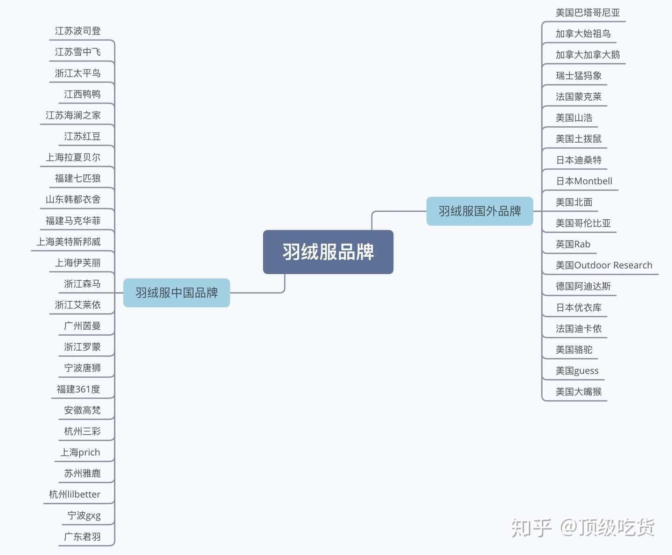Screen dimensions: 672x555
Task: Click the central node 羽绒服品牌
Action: coord(328,252)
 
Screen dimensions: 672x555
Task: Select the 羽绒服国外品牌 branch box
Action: coord(480,211)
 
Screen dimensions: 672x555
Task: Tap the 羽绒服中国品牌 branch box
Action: coord(176,293)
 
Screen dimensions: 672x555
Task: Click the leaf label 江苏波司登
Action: coord(77,31)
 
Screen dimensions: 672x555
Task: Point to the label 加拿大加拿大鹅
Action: coord(588,55)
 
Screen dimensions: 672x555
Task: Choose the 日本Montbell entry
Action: coord(584,181)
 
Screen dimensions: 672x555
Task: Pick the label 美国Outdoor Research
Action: coord(604,265)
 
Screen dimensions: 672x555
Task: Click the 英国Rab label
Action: coord(573,244)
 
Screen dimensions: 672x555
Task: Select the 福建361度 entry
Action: coord(78,389)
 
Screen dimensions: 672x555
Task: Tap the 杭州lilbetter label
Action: coord(75,494)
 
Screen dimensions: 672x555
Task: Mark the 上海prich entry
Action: coord(80,452)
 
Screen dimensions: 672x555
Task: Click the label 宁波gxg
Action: coord(84,515)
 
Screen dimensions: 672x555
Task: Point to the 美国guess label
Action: coord(577,371)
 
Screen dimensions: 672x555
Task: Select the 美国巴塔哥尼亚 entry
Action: coord(588,13)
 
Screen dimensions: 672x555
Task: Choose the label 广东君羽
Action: coord(82,537)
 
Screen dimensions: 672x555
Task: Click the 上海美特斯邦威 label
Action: coord(69,242)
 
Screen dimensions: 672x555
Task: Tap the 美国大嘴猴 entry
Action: coord(578,392)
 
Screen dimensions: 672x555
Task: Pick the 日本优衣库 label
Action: coord(578,307)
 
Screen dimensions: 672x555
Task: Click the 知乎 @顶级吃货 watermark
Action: coord(582,527)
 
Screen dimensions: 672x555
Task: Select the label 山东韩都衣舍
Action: coord(73,199)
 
